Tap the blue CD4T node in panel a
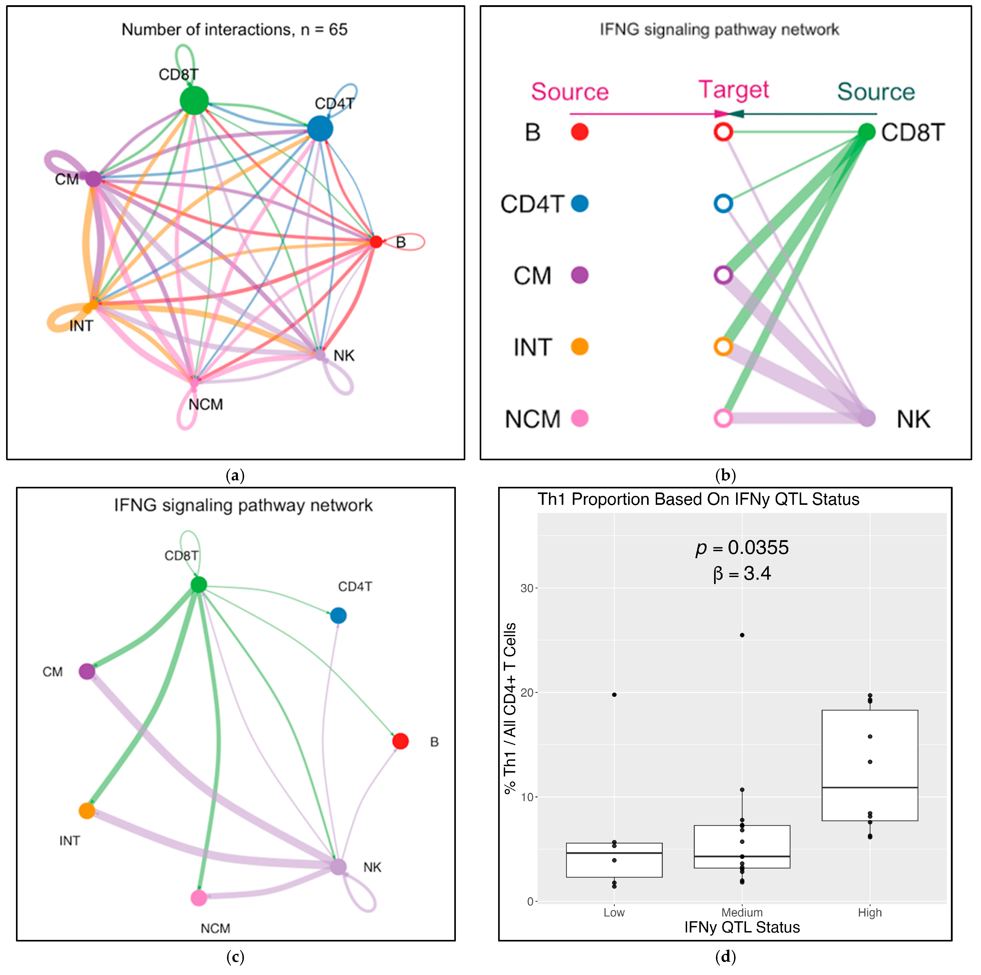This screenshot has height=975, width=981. click(x=320, y=128)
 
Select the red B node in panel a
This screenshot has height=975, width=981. click(x=376, y=242)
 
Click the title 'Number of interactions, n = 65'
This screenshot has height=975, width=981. click(x=235, y=29)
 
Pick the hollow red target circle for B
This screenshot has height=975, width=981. click(x=723, y=132)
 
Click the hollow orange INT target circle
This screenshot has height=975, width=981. click(x=723, y=347)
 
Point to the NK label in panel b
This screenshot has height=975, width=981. click(x=914, y=420)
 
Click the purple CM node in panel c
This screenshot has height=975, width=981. click(x=87, y=671)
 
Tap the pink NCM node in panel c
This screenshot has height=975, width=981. click(x=199, y=898)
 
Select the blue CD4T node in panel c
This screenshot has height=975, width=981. click(x=338, y=616)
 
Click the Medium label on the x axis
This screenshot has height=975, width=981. click(x=742, y=912)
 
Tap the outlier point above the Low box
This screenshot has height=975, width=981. click(x=614, y=695)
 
